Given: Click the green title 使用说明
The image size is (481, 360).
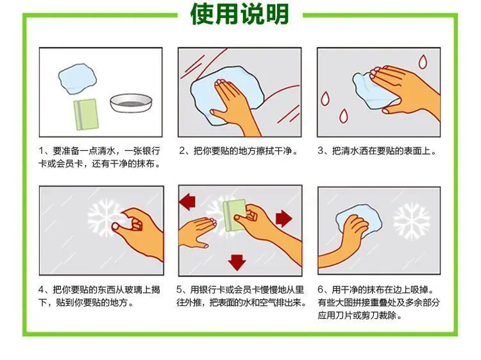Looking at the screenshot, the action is point(240,14).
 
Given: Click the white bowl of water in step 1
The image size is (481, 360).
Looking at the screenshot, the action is point(131,103).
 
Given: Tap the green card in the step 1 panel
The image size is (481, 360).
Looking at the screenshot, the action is point(86,114).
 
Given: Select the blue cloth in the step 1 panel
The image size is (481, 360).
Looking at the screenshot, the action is point(78,78).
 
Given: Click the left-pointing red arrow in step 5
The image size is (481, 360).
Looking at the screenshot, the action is point(187,201).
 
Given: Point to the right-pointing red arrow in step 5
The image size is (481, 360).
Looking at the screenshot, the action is point(284,218).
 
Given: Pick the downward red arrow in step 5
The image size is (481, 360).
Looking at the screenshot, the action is point(237,262).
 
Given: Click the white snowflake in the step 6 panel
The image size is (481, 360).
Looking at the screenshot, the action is point(412,221).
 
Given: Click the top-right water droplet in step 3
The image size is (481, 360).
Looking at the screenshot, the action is point(423,62).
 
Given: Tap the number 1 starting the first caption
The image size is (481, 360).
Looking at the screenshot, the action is point(42,151).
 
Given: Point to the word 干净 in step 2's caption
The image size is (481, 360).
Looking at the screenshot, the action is point(283,151).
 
